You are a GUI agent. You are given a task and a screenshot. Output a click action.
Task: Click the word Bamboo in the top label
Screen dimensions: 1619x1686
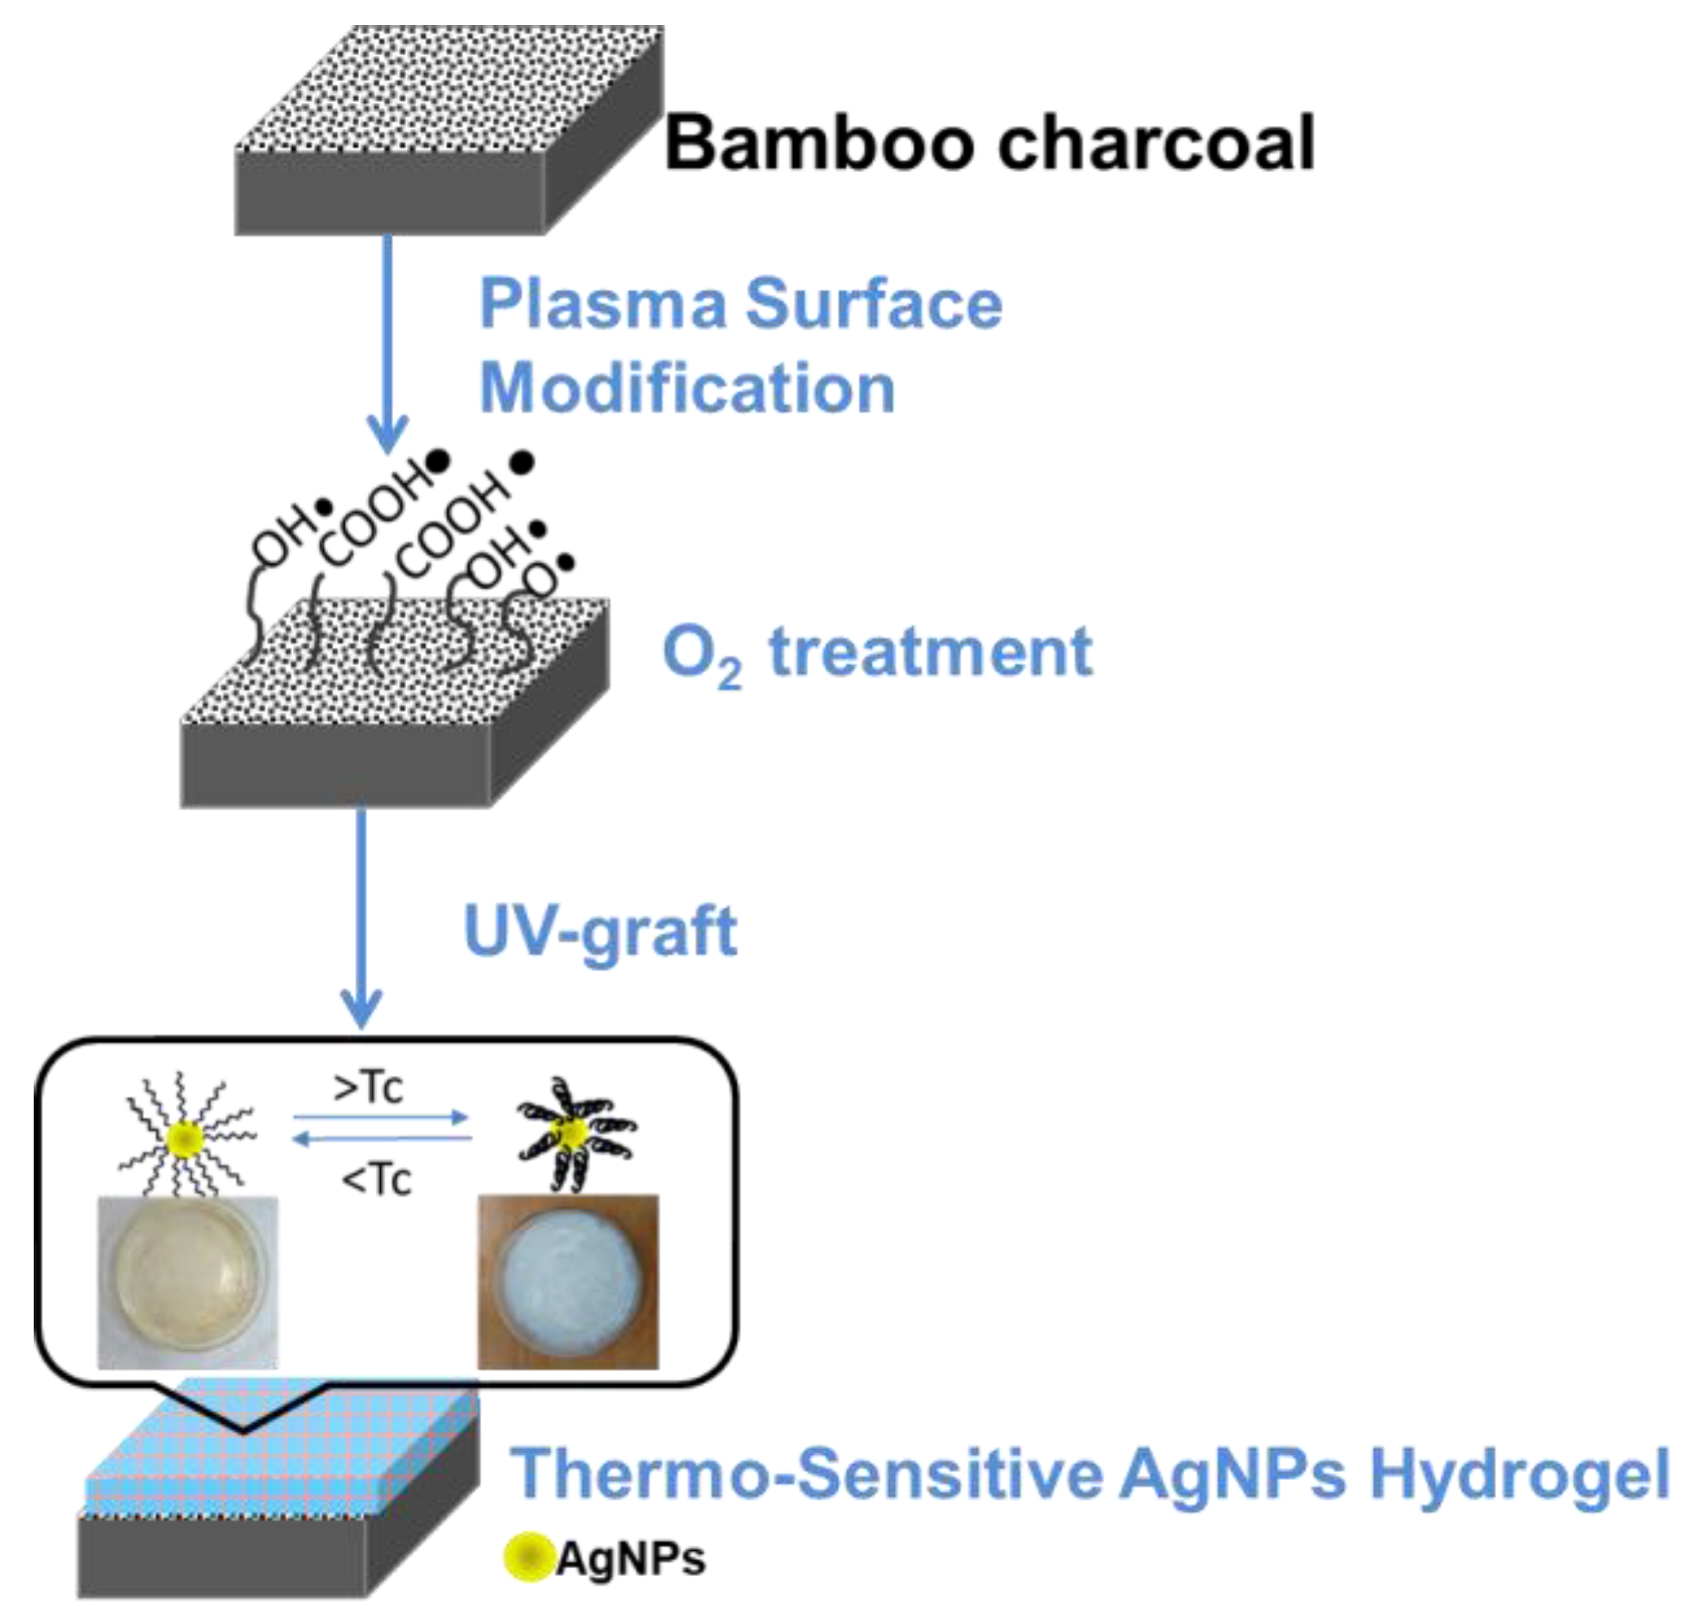[819, 143]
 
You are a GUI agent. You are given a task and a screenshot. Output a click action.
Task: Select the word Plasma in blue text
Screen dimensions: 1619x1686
[602, 304]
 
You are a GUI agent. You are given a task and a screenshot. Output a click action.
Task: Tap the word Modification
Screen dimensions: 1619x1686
[687, 389]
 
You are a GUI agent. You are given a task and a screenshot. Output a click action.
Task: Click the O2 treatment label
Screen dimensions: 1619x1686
[877, 654]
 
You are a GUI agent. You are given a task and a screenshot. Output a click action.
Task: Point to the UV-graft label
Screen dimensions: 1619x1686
[600, 931]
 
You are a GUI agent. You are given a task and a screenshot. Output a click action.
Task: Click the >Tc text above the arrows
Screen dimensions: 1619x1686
[369, 1087]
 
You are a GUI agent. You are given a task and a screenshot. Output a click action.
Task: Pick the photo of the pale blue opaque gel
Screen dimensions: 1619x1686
[567, 1281]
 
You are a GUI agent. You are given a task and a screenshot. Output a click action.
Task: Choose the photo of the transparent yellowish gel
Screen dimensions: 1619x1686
[187, 1281]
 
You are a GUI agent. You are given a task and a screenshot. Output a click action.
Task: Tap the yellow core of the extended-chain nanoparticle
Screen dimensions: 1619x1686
[187, 1138]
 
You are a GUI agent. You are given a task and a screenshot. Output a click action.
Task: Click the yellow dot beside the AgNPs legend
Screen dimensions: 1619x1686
[527, 1558]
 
